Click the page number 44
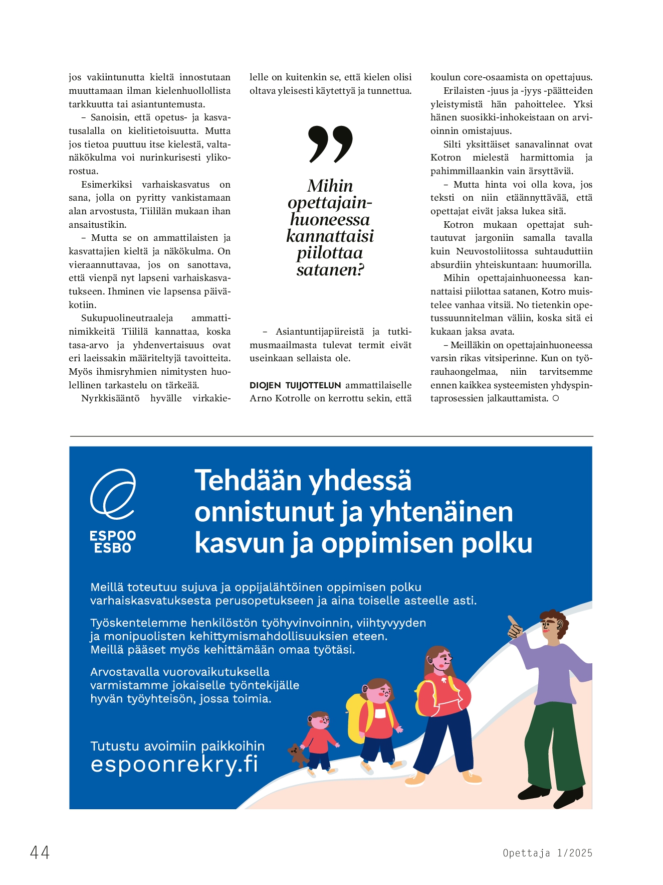[x=40, y=852]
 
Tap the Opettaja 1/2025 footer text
[x=547, y=853]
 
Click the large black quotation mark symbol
[x=330, y=144]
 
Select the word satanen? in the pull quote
[x=330, y=270]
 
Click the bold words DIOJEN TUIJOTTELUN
[x=295, y=385]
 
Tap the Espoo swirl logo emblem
[x=113, y=494]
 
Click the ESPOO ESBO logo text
[x=113, y=542]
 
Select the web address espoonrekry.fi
[x=174, y=764]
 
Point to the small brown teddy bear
[x=298, y=756]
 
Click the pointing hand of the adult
[x=515, y=627]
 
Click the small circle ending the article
[x=555, y=398]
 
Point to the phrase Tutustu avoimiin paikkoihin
[x=177, y=746]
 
